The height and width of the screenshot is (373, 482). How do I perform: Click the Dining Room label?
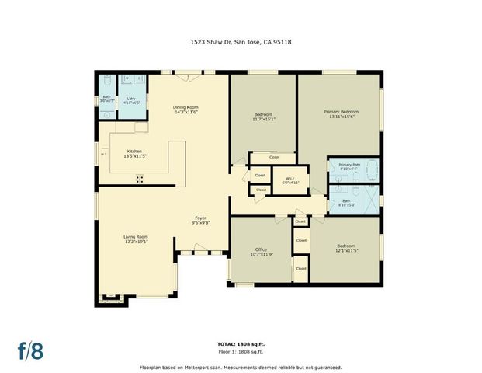point(186,107)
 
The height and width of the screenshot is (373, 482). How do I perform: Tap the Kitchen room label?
point(134,152)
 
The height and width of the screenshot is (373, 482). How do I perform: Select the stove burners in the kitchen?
point(140,179)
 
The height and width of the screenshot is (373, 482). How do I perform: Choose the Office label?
point(261,249)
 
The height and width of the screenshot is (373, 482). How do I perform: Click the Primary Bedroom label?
point(341,112)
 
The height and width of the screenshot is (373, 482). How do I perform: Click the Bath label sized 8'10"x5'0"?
point(345,204)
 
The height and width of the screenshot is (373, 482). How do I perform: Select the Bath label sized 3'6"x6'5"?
point(106,99)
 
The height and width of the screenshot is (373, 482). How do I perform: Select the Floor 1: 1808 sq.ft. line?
point(241,351)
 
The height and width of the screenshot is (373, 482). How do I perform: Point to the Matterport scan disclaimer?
point(241,367)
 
